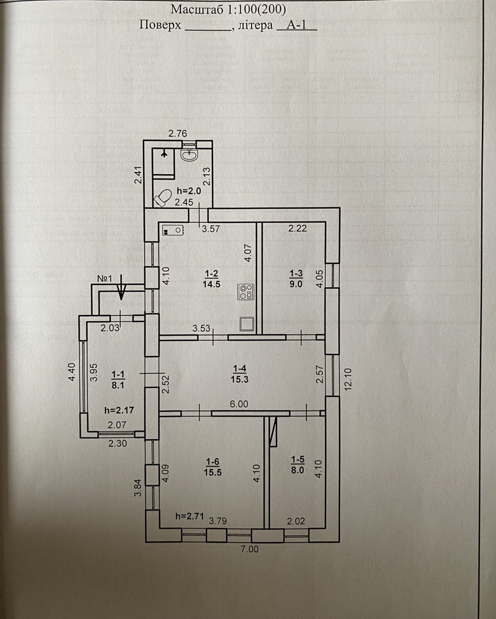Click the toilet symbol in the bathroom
tap(163, 198)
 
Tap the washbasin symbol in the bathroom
tap(190, 155)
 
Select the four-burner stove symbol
tap(245, 292)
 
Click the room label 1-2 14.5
tap(212, 279)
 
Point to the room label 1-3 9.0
tap(296, 278)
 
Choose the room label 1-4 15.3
tap(240, 374)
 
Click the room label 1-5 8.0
tap(298, 465)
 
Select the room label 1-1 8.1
tap(118, 380)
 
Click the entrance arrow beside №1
tap(121, 287)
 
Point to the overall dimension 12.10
tap(348, 379)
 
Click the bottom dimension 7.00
tap(250, 549)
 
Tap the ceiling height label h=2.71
tap(190, 516)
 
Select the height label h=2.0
tap(189, 191)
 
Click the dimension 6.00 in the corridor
tap(239, 404)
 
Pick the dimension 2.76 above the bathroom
tap(178, 133)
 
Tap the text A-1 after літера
tap(296, 25)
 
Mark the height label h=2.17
tap(119, 410)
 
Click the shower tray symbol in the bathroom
tap(163, 162)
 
